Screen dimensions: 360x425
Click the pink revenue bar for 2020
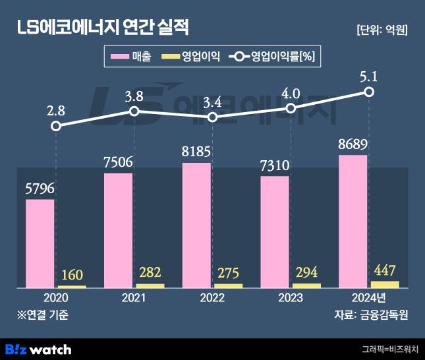pyautogui.click(x=40, y=243)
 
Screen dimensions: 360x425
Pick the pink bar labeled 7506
pyautogui.click(x=118, y=230)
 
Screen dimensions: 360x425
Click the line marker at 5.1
pyautogui.click(x=370, y=92)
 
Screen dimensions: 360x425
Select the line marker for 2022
pyautogui.click(x=213, y=117)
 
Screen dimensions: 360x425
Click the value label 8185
pyautogui.click(x=196, y=152)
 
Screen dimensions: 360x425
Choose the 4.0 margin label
pyautogui.click(x=291, y=92)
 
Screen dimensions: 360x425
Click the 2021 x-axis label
pyautogui.click(x=134, y=298)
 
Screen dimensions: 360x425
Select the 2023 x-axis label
pyautogui.click(x=291, y=298)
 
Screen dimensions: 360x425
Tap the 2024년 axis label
pyautogui.click(x=368, y=298)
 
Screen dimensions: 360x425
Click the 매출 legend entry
pyautogui.click(x=131, y=57)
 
